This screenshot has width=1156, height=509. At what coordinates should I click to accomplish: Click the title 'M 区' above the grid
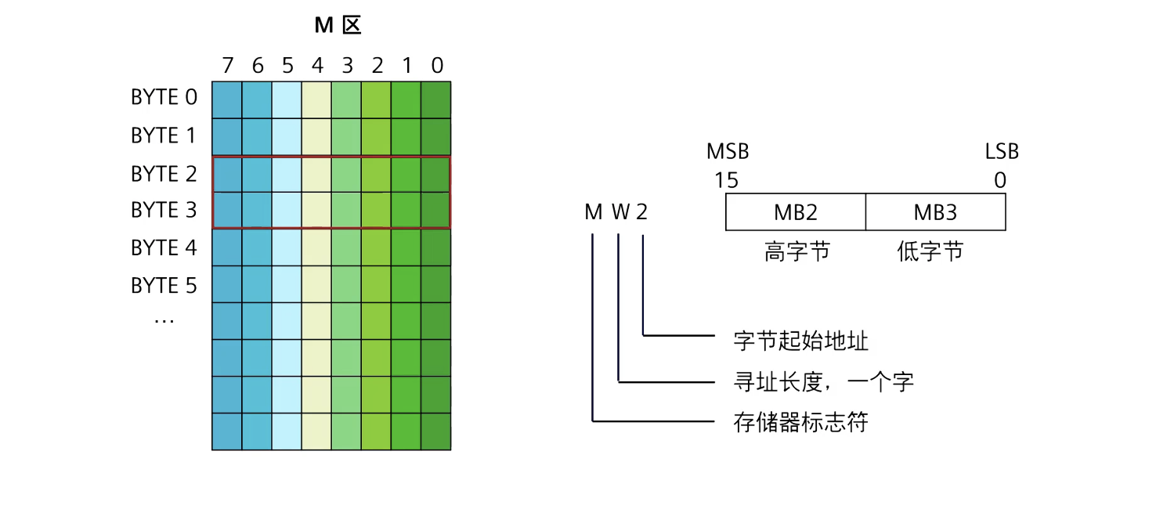(338, 26)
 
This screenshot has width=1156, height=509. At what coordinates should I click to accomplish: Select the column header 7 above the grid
(228, 66)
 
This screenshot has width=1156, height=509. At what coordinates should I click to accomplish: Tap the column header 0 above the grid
(437, 66)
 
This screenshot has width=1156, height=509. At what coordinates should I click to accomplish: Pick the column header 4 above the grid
(317, 66)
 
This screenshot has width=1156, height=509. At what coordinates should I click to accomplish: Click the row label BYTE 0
(164, 98)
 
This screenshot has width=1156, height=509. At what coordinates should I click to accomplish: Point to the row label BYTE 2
(164, 174)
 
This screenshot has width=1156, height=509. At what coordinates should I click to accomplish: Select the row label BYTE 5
(164, 286)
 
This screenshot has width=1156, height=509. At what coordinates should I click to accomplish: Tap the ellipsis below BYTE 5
(164, 320)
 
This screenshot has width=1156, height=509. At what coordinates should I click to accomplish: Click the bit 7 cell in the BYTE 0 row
(227, 99)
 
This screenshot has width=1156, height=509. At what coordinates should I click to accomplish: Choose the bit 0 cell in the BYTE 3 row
(436, 211)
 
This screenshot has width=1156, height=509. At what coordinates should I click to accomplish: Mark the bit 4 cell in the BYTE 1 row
(316, 137)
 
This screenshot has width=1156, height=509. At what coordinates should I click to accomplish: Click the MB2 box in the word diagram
(796, 213)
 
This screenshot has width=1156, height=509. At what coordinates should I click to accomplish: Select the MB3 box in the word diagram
(935, 213)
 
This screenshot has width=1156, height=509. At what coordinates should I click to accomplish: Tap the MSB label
(728, 152)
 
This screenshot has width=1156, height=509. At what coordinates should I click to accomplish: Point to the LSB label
(1002, 152)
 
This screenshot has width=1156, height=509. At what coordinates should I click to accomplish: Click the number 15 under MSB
(726, 181)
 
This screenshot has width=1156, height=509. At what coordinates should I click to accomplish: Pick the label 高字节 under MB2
(797, 252)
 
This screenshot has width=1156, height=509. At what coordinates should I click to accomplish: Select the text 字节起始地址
(801, 341)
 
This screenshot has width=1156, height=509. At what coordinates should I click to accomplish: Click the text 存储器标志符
(801, 423)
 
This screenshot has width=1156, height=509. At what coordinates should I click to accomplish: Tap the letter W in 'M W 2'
(620, 213)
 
